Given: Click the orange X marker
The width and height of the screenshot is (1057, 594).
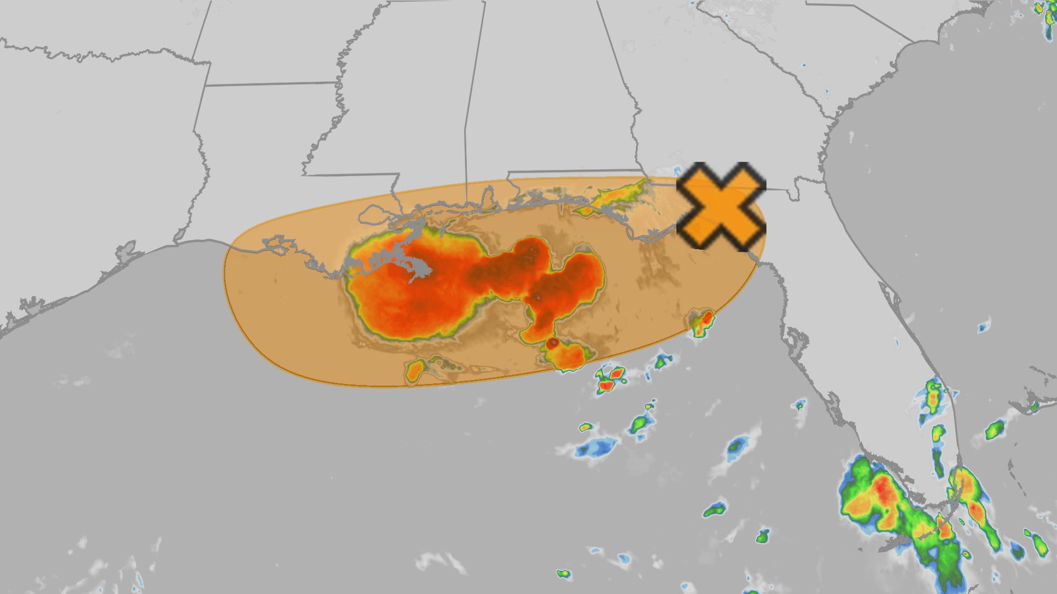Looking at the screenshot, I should [721, 206].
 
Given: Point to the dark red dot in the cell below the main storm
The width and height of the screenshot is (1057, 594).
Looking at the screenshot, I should [553, 343].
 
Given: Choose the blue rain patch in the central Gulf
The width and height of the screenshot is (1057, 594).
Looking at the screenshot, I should [595, 448].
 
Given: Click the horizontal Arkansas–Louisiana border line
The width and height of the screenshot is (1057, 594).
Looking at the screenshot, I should [270, 84].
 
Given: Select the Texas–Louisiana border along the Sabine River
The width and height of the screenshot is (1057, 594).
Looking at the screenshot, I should [198, 182].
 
